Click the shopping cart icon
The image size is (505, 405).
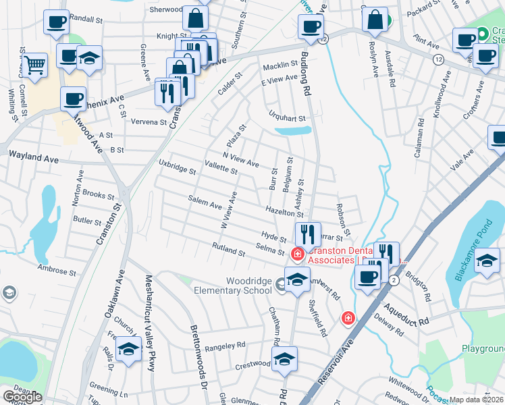(35, 65)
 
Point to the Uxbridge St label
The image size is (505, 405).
(177, 167)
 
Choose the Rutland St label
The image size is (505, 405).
(228, 248)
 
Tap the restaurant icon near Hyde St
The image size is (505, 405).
(308, 234)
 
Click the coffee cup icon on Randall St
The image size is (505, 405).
(56, 22)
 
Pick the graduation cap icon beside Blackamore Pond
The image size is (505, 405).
(487, 261)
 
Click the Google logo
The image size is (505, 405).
(22, 397)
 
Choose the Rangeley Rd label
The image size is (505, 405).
(225, 345)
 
